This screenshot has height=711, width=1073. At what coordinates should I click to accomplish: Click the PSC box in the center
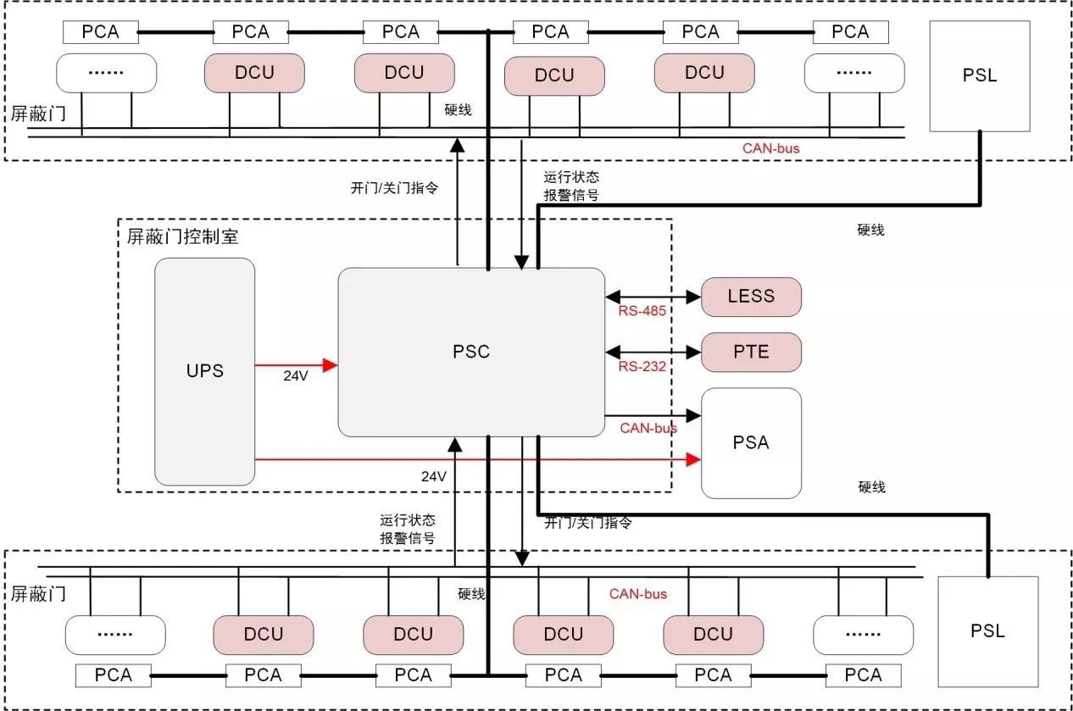471,353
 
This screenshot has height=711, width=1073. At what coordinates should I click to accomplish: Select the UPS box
204,372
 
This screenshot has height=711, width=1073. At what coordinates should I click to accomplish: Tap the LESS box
751,297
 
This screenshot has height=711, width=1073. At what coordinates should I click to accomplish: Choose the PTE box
751,353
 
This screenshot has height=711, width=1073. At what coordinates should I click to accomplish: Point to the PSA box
751,443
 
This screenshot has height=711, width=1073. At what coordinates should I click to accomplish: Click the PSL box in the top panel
980,75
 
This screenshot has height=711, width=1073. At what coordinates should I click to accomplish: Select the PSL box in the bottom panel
987,631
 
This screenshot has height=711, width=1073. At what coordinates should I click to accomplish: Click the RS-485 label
642,311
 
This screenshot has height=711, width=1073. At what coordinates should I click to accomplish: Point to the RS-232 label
642,367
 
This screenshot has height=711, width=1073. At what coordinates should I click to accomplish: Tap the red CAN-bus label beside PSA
648,428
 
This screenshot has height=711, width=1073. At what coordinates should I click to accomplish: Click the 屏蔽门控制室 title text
182,236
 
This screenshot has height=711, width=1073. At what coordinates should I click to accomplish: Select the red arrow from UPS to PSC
296,365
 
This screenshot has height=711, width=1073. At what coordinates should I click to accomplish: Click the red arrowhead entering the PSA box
693,459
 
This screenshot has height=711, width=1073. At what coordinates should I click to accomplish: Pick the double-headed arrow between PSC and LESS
653,297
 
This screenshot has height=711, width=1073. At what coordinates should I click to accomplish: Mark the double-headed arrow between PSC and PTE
653,353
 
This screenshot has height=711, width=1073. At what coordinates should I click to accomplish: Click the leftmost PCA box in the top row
101,32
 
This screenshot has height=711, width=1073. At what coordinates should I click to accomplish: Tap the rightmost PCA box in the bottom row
863,675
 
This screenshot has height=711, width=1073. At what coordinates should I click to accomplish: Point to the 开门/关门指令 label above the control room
394,188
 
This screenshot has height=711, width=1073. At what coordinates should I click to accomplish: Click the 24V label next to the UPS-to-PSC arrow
296,376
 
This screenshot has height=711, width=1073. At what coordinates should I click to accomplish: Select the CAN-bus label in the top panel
771,148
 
